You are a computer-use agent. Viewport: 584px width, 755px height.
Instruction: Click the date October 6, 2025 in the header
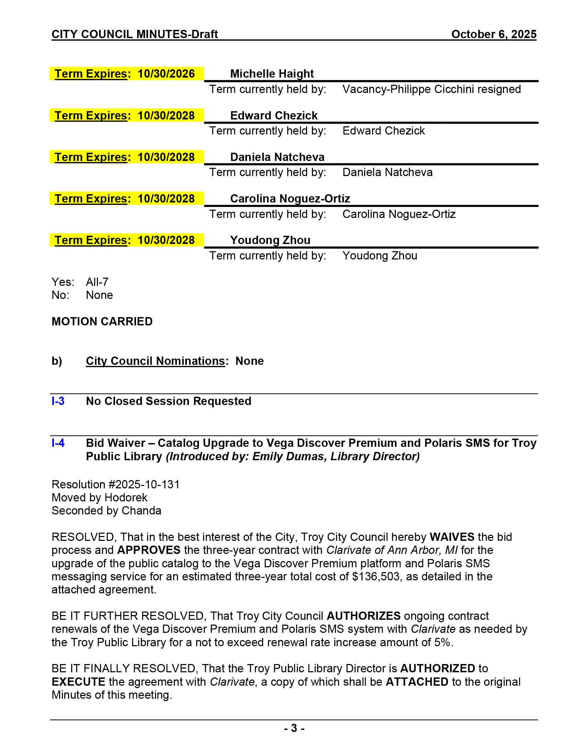point(494,34)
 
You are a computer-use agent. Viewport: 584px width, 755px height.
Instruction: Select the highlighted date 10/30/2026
point(166,74)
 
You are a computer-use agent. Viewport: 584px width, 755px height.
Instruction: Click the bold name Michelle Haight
point(272,74)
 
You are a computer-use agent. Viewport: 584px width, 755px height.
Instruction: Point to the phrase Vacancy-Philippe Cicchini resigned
point(431,89)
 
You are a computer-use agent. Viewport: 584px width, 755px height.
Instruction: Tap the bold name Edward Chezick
point(274,115)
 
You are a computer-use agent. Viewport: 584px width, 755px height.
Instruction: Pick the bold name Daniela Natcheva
point(277,157)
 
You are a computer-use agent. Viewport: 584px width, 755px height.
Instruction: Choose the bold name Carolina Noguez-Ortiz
point(290,198)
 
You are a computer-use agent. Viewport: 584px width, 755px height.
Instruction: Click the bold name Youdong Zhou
point(270,240)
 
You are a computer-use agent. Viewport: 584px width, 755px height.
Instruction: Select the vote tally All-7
point(97,282)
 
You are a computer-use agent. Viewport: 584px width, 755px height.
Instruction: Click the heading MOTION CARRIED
point(102,322)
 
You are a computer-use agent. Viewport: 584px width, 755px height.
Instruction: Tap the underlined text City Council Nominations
point(155,361)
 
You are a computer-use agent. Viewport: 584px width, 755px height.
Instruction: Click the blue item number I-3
point(58,401)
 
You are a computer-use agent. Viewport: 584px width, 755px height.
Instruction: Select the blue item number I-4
point(58,443)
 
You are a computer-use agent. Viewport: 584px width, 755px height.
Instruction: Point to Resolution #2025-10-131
point(115,484)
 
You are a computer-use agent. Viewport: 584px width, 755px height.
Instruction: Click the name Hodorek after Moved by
point(126,498)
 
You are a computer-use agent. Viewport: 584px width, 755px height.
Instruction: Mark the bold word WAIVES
point(452,537)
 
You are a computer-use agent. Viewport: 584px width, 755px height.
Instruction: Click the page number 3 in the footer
point(294,728)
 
